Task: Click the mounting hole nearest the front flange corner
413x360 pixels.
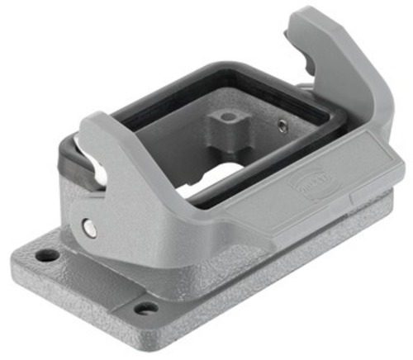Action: click(145, 309)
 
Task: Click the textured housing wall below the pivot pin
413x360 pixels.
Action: click(99, 256)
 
